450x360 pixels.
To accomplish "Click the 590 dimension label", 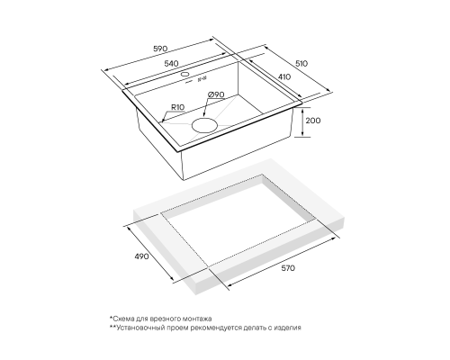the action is point(161,49).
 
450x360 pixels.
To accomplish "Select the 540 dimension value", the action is point(172,64).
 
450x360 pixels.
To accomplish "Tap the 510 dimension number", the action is point(301,64).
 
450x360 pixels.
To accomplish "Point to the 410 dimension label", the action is point(284,76).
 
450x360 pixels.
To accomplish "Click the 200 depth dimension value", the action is point(313,121).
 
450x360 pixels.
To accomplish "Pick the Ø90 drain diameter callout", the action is point(216,94).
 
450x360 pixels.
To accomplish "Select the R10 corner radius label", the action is point(178,107).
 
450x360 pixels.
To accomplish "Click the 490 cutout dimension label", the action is point(141,256).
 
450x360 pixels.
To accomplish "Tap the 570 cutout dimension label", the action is point(288,268).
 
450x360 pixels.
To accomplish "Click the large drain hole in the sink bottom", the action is point(204,125).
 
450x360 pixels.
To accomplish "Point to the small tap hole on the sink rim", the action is point(185,74).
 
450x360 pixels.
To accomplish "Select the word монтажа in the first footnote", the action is point(200,319).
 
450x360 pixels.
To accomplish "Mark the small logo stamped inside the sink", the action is point(202,79).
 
